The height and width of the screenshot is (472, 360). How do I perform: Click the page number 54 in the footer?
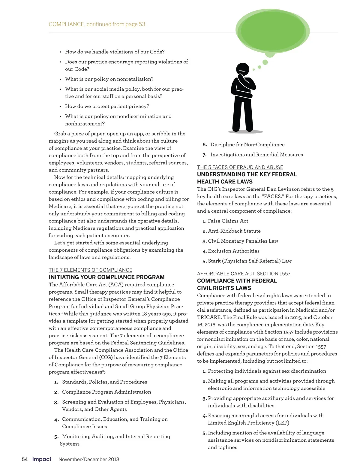point(25,459)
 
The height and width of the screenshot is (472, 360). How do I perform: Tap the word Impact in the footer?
point(42,459)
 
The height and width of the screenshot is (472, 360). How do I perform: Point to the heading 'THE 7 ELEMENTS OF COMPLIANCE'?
point(90,270)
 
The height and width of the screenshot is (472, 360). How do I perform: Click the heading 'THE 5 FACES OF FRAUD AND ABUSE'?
point(240,167)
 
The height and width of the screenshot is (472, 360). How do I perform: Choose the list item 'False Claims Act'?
point(228,221)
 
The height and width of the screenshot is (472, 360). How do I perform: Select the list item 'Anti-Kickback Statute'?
point(234,231)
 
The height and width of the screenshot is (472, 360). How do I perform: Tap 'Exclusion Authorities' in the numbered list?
point(234,251)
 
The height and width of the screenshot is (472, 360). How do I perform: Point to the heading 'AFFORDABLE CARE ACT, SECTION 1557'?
point(244,274)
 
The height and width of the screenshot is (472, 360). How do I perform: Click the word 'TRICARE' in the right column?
point(209,317)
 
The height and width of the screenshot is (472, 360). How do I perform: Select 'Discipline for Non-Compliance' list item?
point(247,145)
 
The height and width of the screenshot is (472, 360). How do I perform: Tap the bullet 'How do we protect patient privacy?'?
point(107,106)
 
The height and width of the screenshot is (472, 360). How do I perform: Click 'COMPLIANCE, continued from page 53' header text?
point(97,24)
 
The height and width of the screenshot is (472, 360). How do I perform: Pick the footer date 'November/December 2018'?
point(89,459)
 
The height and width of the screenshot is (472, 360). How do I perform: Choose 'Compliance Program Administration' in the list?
point(106,392)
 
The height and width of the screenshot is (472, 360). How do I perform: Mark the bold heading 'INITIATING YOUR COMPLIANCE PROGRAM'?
point(106,277)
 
